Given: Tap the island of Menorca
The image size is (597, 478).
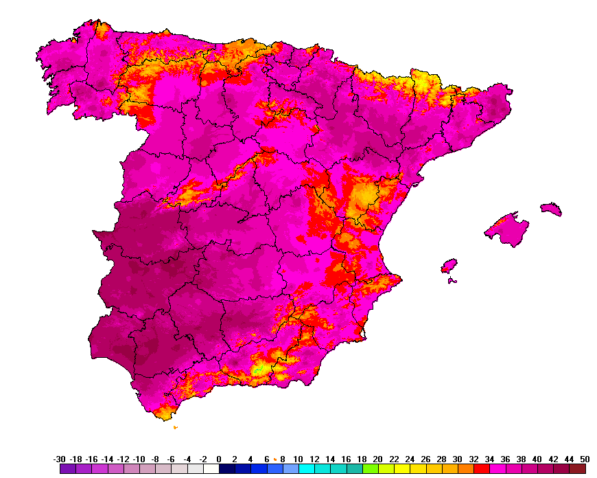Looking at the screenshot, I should point(551,208).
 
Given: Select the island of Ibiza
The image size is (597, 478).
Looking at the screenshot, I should point(449,265).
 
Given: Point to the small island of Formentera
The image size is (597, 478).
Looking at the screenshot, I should point(452,280).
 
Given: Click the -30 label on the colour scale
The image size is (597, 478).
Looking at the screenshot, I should point(60,459).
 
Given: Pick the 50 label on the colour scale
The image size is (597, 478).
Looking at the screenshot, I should point(584,459).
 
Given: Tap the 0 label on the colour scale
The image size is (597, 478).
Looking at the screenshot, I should point(219,459).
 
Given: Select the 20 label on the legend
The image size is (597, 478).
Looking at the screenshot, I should point(377,459).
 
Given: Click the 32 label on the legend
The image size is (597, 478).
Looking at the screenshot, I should point(473,459).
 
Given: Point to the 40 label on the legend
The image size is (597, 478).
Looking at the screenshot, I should point(537,459).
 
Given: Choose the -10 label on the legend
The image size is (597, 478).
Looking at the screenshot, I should point(139,459).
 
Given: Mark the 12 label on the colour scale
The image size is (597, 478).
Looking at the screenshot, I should point(314,459).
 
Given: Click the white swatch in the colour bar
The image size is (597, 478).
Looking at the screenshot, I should point(211,469).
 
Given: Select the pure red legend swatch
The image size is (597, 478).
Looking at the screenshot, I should point(481,469).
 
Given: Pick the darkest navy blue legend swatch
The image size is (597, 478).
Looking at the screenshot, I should point(226,469).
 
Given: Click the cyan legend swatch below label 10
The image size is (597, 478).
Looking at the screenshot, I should point(306,469).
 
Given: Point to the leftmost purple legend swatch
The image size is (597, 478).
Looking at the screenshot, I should point(67,469).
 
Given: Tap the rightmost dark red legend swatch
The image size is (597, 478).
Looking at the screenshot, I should point(577,469).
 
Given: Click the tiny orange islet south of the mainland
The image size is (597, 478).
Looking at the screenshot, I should point(176,427).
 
